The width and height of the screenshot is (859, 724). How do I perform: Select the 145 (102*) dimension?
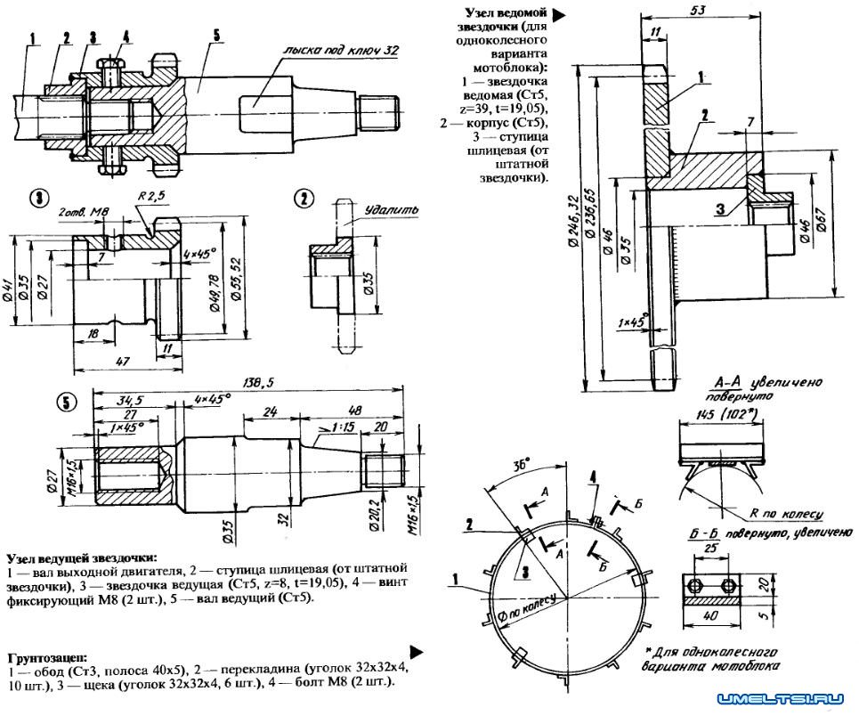[722, 415]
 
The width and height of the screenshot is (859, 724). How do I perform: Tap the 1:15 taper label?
[340, 428]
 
